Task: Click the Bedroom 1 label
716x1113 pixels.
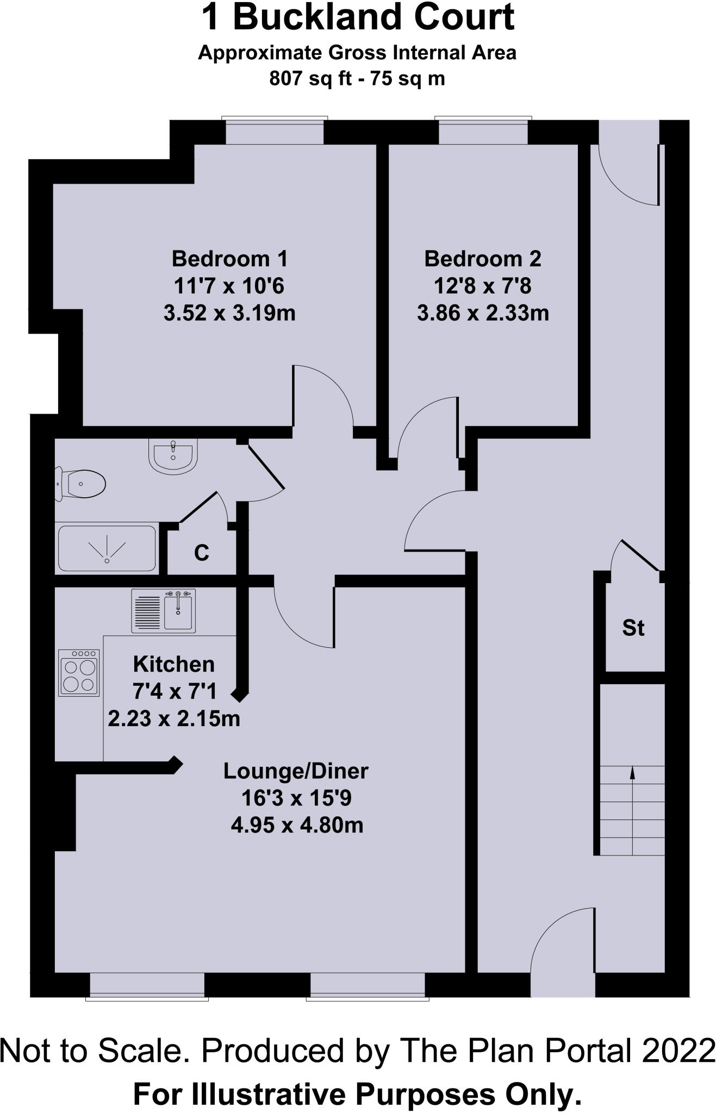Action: point(229,259)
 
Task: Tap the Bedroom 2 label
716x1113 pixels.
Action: point(482,259)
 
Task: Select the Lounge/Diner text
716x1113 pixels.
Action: point(296,771)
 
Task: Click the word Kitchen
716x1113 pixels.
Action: point(174,664)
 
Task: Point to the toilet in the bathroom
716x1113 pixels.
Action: point(82,484)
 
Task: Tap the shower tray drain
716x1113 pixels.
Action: point(108,560)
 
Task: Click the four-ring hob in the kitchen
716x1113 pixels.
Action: point(79,673)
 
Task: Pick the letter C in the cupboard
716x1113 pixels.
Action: point(202,553)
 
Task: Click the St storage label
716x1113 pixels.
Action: point(633,628)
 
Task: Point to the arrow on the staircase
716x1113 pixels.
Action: point(632,773)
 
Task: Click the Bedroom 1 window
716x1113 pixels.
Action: point(275,132)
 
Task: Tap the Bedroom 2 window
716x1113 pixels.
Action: point(483,132)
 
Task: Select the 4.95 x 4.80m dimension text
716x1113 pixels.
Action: point(297,825)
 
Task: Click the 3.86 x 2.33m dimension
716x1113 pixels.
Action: point(483,313)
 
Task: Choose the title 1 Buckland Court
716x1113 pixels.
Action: point(358,17)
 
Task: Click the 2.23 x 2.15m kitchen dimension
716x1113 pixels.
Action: point(174,718)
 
